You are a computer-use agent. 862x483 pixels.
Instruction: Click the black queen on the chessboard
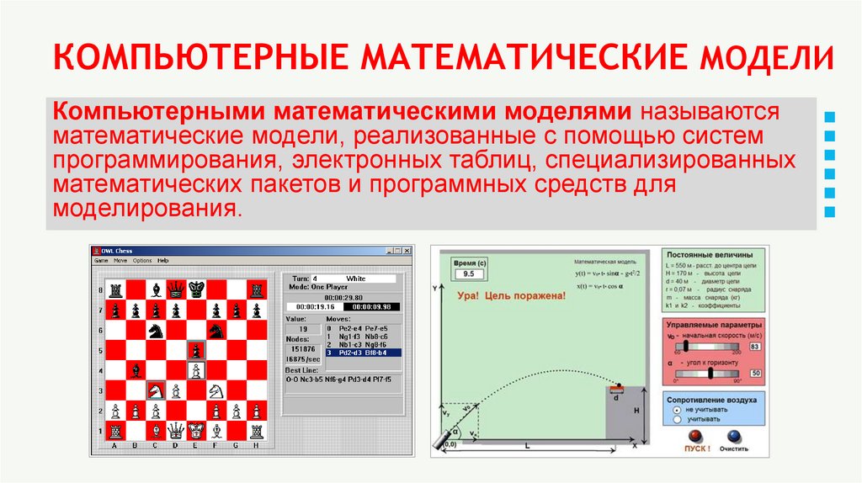pos(176,289)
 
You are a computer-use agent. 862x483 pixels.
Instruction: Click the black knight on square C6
pos(156,330)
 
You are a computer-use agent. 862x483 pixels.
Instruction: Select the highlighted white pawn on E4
pos(196,369)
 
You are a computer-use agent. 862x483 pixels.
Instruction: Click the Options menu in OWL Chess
pos(142,261)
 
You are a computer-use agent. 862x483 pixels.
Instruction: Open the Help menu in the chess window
pos(163,261)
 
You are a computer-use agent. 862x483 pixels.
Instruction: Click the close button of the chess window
pos(408,251)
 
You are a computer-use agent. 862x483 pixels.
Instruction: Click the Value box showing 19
pos(303,329)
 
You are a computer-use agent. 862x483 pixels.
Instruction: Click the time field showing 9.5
pos(468,274)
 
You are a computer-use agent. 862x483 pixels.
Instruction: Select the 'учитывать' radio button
pos(676,418)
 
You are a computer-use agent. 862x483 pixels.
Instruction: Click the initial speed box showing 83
pos(755,347)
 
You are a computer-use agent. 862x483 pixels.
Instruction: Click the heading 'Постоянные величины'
pos(715,254)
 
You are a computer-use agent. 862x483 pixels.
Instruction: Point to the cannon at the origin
pos(444,440)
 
